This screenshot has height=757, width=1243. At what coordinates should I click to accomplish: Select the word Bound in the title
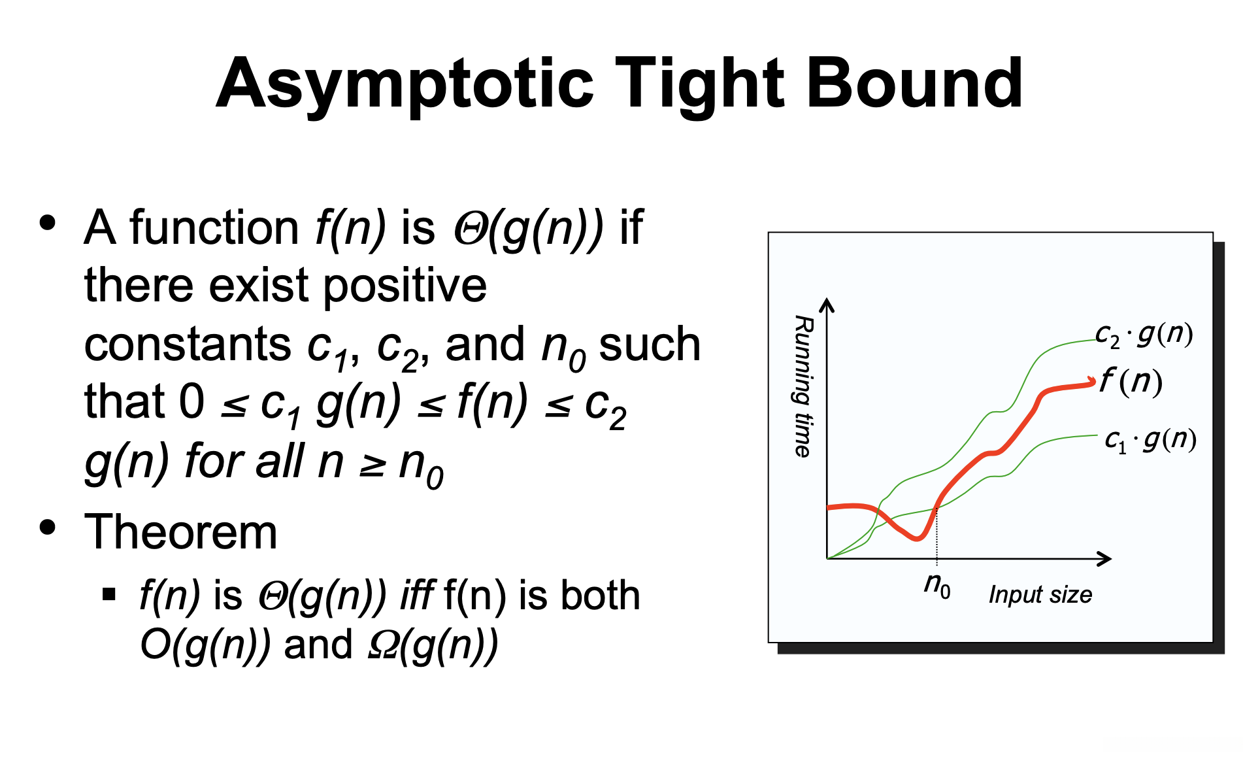(915, 83)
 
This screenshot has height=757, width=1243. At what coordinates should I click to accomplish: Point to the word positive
(405, 286)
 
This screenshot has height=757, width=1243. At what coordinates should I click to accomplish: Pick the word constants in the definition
(188, 345)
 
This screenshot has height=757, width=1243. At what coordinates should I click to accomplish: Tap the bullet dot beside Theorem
(47, 527)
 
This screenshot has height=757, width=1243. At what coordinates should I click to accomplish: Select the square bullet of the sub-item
(109, 594)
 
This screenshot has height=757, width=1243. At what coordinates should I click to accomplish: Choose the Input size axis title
(1040, 595)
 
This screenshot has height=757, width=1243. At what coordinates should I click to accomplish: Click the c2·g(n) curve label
(1144, 335)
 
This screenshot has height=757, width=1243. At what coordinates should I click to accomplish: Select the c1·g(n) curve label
(1150, 439)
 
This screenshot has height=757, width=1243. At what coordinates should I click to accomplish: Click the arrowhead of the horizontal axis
(1105, 558)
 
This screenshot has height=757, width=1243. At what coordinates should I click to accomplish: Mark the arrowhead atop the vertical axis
(827, 305)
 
